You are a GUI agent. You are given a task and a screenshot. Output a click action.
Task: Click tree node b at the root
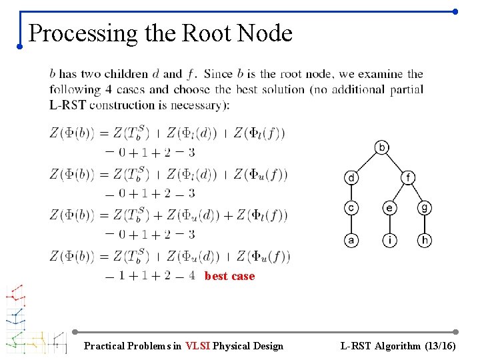382,147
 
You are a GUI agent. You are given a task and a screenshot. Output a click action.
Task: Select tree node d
351,177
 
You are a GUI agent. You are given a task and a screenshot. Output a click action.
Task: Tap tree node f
407,177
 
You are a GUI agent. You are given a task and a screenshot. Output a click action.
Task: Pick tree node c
351,209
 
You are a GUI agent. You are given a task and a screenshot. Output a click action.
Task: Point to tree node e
389,209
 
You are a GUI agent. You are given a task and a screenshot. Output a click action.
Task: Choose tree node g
425,209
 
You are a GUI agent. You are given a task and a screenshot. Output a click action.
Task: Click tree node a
351,239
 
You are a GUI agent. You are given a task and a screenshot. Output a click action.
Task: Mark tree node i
389,239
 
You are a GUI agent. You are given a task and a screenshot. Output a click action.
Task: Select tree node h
425,239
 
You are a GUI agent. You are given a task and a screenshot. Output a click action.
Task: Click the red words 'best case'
229,276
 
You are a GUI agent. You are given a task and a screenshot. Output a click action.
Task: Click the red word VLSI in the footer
198,346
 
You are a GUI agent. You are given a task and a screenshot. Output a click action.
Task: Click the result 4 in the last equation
192,275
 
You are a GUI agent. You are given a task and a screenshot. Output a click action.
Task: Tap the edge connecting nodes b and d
367,162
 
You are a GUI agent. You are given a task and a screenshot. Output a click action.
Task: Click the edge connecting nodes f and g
416,193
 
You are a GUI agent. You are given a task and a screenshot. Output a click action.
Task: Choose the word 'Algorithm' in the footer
398,346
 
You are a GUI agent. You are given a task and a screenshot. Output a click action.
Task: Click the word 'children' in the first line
127,74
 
